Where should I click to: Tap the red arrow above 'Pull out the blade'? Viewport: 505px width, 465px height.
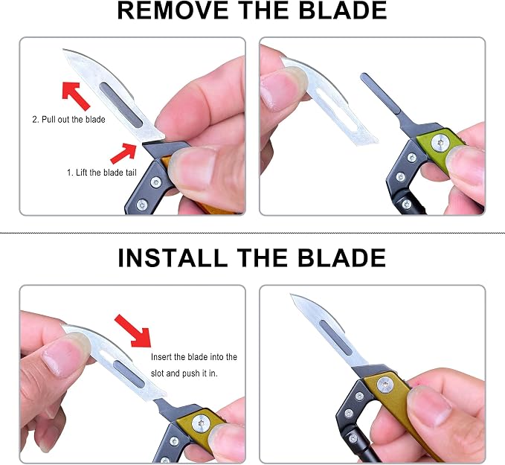tap(75, 96)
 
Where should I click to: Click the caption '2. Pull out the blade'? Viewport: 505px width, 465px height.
tap(68, 120)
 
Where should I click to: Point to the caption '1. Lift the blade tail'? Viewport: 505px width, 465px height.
tap(102, 173)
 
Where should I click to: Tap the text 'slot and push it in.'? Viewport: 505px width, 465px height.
tap(184, 373)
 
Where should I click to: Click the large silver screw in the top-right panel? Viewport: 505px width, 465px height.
tap(440, 142)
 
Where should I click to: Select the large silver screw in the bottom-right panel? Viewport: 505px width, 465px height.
tap(385, 385)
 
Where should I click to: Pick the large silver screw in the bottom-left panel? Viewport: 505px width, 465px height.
tap(201, 423)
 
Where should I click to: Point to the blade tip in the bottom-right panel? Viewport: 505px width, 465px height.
tap(291, 295)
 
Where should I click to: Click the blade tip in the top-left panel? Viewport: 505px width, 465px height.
tap(64, 51)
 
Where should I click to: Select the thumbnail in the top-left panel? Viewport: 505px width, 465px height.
tap(191, 168)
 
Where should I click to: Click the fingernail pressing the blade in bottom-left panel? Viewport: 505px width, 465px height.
tap(65, 354)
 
